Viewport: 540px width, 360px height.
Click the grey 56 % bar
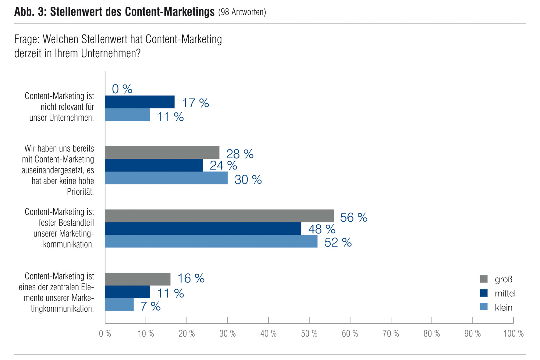pos(219,216)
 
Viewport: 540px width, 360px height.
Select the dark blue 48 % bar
pos(203,229)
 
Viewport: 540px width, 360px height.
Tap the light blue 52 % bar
pos(211,241)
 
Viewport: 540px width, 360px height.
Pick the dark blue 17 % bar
pos(140,102)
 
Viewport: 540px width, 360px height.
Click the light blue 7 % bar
pos(119,305)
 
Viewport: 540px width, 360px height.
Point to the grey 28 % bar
pos(162,152)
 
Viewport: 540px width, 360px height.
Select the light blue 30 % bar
pos(166,178)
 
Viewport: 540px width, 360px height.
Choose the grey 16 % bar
pos(138,279)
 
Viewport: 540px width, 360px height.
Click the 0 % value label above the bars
pos(122,89)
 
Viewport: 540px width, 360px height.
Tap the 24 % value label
pos(223,166)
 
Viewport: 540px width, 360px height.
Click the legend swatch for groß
pos(484,279)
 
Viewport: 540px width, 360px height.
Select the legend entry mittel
pos(505,293)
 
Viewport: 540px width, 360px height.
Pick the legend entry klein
pos(503,307)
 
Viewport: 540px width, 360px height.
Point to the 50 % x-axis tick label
pos(309,334)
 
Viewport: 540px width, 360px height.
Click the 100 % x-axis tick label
pos(513,334)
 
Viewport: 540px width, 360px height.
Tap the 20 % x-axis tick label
pos(187,334)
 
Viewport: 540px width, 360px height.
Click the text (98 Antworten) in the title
pos(242,12)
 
